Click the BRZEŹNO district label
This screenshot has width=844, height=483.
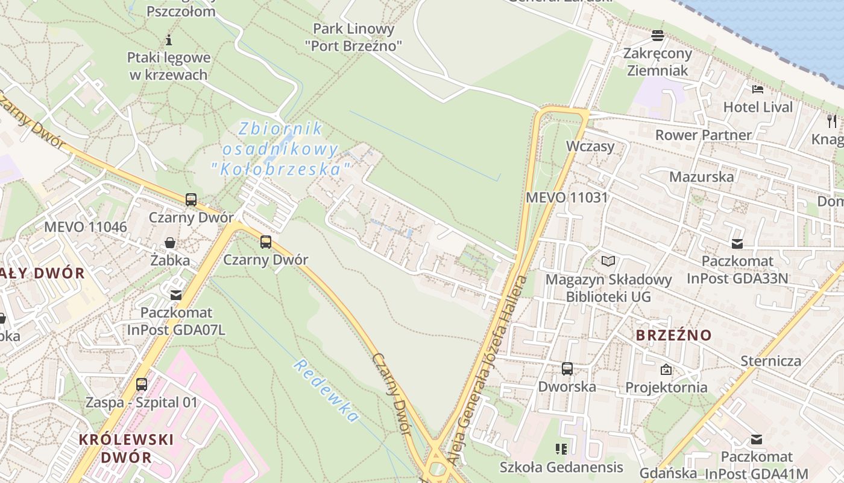pos(673,335)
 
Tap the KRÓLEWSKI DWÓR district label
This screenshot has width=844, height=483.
pos(126,448)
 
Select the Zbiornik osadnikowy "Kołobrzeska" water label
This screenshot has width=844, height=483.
pos(281,149)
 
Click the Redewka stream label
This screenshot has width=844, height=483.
pos(326,391)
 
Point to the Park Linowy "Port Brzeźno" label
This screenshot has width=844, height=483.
pos(353,37)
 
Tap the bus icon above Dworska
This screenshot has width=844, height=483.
pos(567,368)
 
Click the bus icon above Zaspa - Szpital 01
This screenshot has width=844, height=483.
pos(142,384)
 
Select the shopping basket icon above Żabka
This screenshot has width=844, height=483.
pos(170,243)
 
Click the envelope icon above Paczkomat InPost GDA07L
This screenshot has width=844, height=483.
pos(176,295)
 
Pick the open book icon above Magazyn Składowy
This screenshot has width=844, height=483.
pos(608,261)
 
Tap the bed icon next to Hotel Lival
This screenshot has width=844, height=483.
pos(758,89)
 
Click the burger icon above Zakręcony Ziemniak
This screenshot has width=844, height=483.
pos(658,35)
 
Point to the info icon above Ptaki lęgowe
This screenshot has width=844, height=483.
pos(169,40)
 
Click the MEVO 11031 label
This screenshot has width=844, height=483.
pos(567,197)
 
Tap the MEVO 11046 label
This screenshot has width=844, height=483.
pos(86,227)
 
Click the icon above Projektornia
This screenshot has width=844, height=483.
pos(666,369)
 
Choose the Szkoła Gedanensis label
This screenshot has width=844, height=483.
pos(561,467)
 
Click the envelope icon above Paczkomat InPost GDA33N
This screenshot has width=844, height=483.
pos(737,243)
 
